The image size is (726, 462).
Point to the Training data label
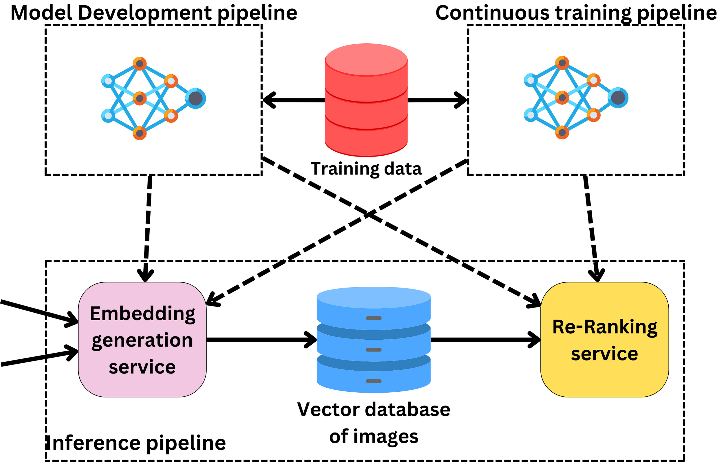(x=366, y=169)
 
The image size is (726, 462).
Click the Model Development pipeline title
(x=154, y=13)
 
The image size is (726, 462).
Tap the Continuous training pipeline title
(x=576, y=13)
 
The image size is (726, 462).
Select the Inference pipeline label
(x=137, y=443)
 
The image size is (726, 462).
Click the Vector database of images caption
(x=374, y=423)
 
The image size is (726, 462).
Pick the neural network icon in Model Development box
(x=153, y=98)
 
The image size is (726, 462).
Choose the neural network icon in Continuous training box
(x=576, y=98)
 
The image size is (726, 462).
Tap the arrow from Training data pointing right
(x=437, y=100)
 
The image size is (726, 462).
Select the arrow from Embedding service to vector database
(x=261, y=340)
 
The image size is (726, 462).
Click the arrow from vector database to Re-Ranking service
(x=485, y=340)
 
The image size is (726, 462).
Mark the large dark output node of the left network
(x=196, y=98)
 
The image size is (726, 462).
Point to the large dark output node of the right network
(x=618, y=98)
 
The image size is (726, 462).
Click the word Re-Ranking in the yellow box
(x=604, y=327)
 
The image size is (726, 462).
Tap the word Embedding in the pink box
(x=142, y=314)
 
